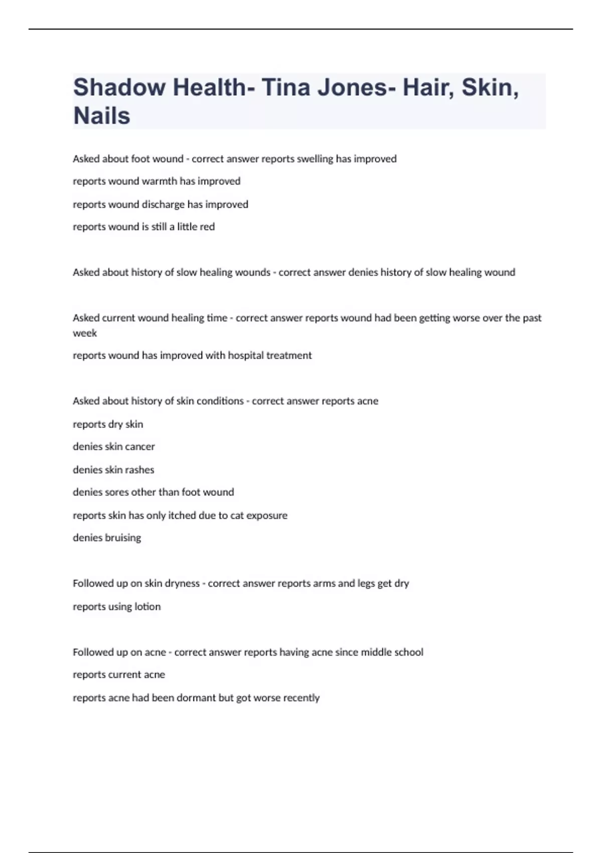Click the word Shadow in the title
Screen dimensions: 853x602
119,87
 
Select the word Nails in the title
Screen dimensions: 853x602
102,116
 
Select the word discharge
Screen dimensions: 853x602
164,204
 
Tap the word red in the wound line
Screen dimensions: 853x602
207,227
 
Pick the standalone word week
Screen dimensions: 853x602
85,333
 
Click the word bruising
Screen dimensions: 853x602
122,538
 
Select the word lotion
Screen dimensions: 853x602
147,607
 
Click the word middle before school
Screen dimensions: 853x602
375,652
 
